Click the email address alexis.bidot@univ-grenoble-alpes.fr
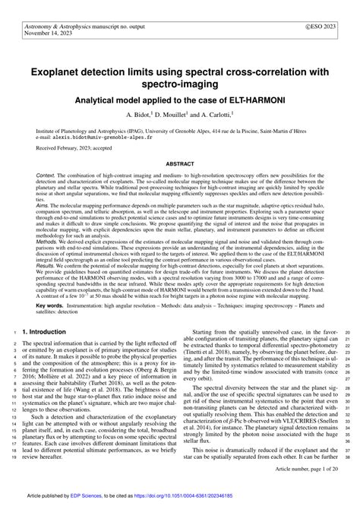click(103, 138)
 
